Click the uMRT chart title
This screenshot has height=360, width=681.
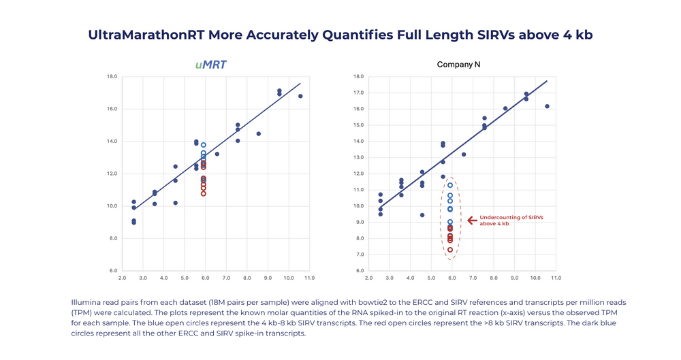pyautogui.click(x=210, y=65)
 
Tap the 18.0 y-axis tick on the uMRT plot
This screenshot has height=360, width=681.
pyautogui.click(x=113, y=76)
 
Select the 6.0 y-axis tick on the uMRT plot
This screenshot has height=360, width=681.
pyautogui.click(x=113, y=271)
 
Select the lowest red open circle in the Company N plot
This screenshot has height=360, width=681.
pyautogui.click(x=450, y=250)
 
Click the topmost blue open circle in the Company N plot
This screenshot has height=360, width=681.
pyautogui.click(x=450, y=185)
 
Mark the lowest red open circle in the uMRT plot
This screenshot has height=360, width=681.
pyautogui.click(x=204, y=193)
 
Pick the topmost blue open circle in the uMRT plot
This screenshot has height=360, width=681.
pyautogui.click(x=204, y=145)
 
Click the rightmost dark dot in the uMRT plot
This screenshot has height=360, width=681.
pyautogui.click(x=300, y=96)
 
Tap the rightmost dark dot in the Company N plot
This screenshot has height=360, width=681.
pyautogui.click(x=547, y=106)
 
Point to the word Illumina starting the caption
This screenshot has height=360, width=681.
pyautogui.click(x=84, y=301)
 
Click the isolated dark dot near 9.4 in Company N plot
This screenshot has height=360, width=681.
pyautogui.click(x=422, y=215)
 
